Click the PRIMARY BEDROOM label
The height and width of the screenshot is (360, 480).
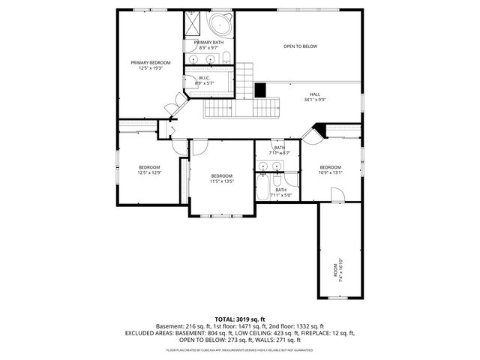tap(151, 62)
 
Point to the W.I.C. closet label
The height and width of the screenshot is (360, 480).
tap(203, 77)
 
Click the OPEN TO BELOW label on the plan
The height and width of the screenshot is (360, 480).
tap(300, 46)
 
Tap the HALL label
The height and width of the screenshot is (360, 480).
tap(314, 94)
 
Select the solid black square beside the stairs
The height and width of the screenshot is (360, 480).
tap(260, 89)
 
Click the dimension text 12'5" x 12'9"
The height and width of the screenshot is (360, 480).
tap(149, 172)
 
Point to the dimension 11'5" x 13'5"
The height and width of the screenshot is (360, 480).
tap(222, 181)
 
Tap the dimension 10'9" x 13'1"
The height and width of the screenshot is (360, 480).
tap(331, 172)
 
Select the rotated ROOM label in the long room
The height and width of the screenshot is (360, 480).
tap(336, 268)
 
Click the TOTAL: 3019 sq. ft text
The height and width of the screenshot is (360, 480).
tap(239, 319)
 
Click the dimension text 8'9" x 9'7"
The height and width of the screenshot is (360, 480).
tap(208, 48)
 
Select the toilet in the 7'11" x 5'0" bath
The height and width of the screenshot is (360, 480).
tap(289, 184)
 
